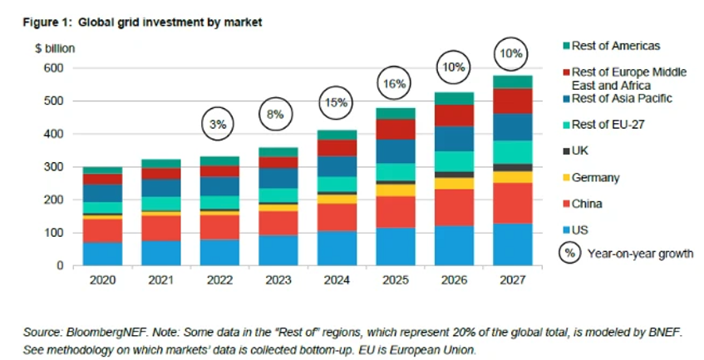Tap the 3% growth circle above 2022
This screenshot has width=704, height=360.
(x=219, y=125)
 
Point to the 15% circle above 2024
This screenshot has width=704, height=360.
(x=337, y=106)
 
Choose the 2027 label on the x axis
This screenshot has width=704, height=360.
(x=514, y=280)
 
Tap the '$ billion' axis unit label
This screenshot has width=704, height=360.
(x=55, y=48)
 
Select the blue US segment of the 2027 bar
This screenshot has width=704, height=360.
(x=514, y=244)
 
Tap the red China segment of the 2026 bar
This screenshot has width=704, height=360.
(x=455, y=207)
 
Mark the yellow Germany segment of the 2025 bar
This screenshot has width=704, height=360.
(x=396, y=190)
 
